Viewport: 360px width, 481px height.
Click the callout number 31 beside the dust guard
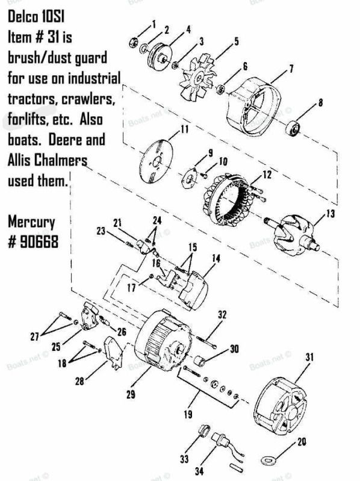[309, 357]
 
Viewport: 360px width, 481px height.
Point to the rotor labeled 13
[292, 235]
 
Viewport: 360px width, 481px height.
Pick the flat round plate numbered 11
[156, 161]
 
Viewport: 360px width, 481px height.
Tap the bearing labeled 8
[292, 129]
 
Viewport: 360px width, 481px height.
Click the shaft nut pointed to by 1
[133, 42]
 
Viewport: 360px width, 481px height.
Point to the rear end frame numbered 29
[163, 341]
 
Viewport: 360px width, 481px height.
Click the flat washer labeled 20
[268, 460]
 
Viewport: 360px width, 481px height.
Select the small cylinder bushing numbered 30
[200, 361]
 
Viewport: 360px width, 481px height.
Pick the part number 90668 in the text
[33, 242]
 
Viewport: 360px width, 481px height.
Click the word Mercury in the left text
[31, 222]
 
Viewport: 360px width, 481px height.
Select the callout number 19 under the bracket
[188, 414]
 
